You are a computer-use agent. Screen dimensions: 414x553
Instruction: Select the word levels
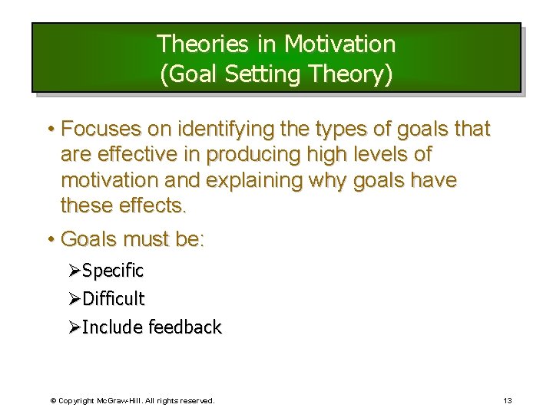(x=378, y=154)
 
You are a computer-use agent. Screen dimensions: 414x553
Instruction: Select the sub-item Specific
(x=113, y=271)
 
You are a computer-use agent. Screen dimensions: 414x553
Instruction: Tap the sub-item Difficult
(x=113, y=298)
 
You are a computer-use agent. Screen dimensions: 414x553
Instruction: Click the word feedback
(x=184, y=327)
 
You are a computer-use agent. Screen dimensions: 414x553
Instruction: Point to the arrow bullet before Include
(x=74, y=327)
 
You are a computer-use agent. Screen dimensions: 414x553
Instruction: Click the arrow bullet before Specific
(x=74, y=271)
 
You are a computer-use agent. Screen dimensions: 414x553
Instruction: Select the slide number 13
(x=508, y=400)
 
